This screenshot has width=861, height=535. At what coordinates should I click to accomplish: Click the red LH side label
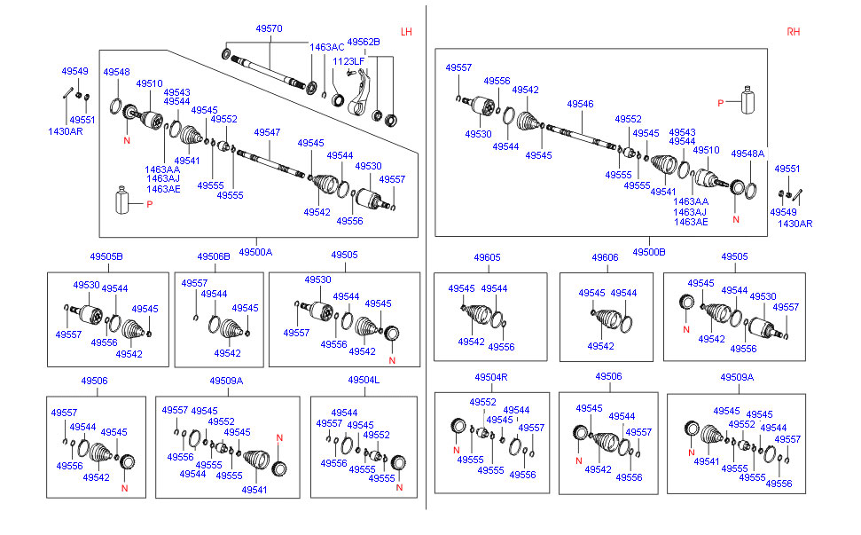pyautogui.click(x=406, y=32)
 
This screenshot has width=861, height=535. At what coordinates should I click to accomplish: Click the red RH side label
pyautogui.click(x=793, y=32)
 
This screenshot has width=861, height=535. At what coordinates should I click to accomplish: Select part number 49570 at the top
pyautogui.click(x=269, y=28)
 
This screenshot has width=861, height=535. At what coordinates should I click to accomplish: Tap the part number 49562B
pyautogui.click(x=363, y=42)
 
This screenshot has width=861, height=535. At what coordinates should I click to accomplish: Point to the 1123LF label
pyautogui.click(x=348, y=61)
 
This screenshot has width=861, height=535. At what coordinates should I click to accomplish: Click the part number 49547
pyautogui.click(x=267, y=132)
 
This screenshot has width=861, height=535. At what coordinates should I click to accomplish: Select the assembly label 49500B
pyautogui.click(x=649, y=252)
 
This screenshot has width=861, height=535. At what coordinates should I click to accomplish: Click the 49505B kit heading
pyautogui.click(x=106, y=256)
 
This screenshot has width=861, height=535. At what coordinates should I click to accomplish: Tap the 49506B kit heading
pyautogui.click(x=214, y=256)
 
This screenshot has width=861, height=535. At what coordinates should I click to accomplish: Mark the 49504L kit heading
pyautogui.click(x=364, y=380)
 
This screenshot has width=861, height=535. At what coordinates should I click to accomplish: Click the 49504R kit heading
pyautogui.click(x=490, y=376)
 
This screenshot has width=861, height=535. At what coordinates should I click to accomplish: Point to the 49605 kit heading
pyautogui.click(x=487, y=257)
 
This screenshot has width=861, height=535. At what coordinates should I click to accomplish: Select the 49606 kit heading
pyautogui.click(x=605, y=257)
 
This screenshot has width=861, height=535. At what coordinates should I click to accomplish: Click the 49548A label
pyautogui.click(x=748, y=153)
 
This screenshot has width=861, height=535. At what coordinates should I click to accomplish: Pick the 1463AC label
pyautogui.click(x=326, y=47)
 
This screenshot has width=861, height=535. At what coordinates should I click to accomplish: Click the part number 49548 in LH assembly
pyautogui.click(x=116, y=72)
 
